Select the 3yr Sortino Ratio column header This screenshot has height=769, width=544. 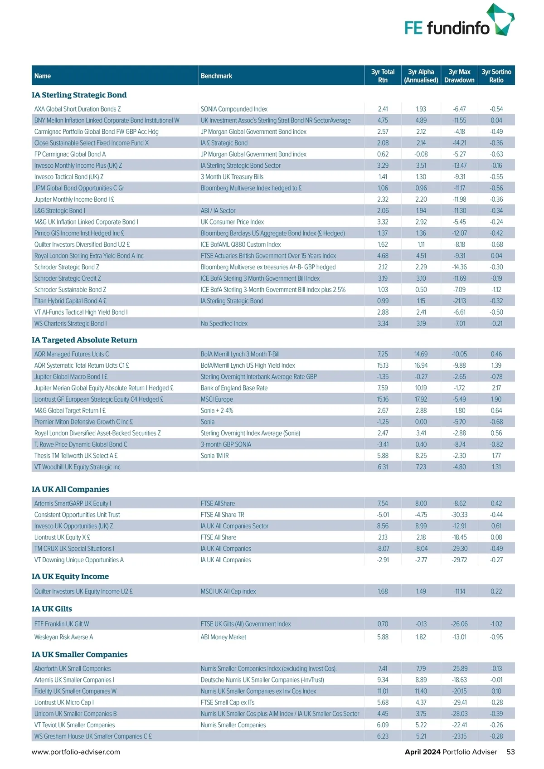[496, 76]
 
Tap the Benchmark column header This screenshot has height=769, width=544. [216, 76]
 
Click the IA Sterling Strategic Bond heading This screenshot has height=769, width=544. [79, 95]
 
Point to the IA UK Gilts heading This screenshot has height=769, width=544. [52, 608]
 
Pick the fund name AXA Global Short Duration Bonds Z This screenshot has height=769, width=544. [78, 109]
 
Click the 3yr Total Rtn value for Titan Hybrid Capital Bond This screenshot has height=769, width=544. [383, 301]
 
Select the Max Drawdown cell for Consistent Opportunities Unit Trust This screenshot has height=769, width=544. [459, 515]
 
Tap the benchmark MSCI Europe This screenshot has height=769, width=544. [217, 399]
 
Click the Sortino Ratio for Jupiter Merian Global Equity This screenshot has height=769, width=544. [496, 388]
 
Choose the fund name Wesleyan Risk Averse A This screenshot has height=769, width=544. [63, 637]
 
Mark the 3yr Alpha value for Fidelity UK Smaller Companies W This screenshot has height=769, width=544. [421, 691]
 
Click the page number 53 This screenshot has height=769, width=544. [510, 752]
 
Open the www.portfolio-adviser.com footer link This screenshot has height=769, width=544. [76, 752]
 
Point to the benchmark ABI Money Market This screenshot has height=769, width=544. [223, 637]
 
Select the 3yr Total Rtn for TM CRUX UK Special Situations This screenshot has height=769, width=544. [383, 549]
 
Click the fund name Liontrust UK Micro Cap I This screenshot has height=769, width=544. [64, 702]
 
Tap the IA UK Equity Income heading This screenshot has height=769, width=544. [70, 576]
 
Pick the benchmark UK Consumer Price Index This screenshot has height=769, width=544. [232, 222]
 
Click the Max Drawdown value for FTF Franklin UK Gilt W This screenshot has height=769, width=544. [459, 624]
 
